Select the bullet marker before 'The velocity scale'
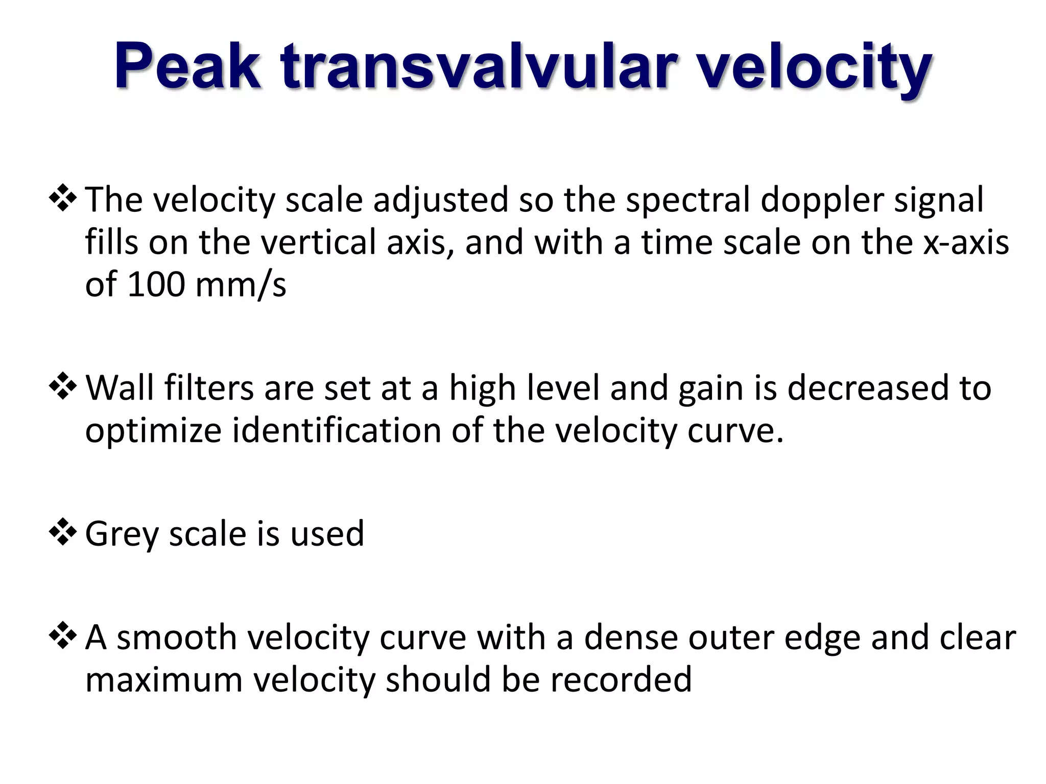pos(63,200)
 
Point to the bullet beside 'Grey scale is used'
pos(63,533)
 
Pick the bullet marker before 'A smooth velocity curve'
pos(63,638)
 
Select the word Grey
pos(122,534)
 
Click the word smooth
pos(176,638)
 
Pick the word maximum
pos(163,680)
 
